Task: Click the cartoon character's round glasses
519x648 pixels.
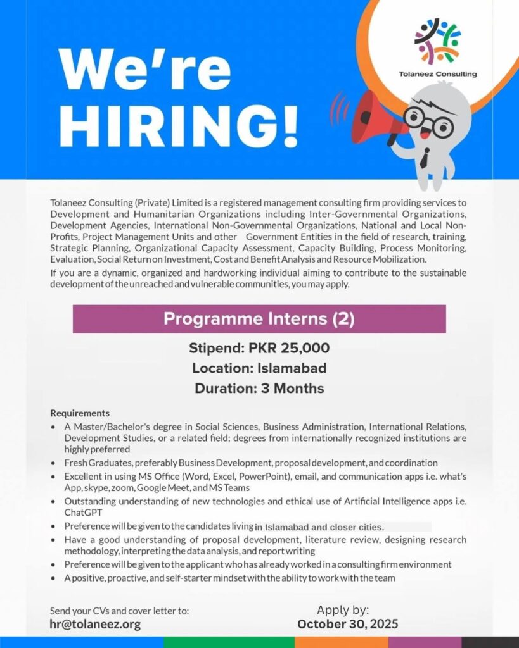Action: tap(429, 120)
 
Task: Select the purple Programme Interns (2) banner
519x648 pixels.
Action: tap(259, 319)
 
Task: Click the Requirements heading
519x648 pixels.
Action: tap(80, 413)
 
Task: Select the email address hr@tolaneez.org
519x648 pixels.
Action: tap(95, 624)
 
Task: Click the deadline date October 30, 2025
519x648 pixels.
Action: tap(348, 624)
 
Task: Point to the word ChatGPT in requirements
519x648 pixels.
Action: tap(84, 513)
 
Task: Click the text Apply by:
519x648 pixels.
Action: tap(343, 610)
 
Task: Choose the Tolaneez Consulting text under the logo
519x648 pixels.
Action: tap(438, 74)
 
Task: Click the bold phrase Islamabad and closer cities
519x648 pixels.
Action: tap(319, 526)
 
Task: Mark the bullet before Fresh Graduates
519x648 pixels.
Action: tap(54, 464)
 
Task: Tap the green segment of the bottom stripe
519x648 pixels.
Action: tap(229, 642)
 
